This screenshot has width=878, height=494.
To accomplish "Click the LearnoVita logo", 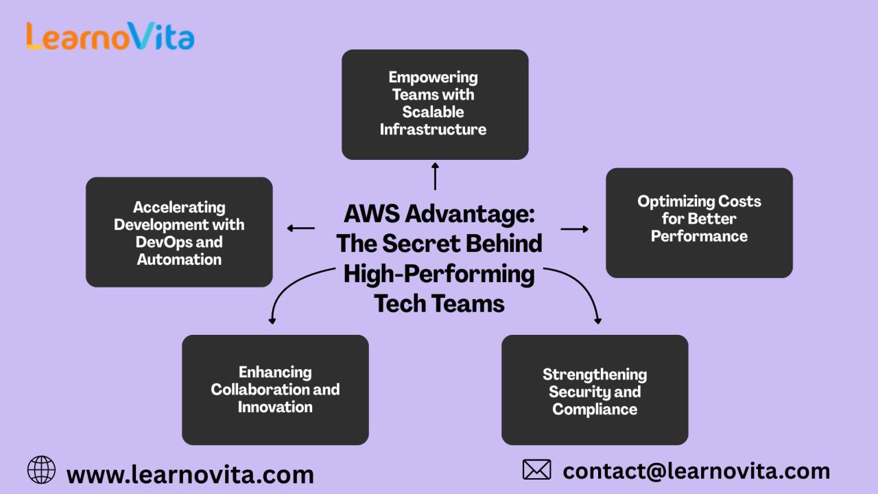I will tap(110, 36).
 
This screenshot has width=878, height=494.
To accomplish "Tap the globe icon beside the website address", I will tap(41, 470).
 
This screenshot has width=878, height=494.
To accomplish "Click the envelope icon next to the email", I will tap(536, 470).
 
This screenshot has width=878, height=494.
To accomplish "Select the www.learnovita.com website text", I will tap(190, 474).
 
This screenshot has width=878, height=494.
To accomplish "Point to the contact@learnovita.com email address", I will tap(696, 471).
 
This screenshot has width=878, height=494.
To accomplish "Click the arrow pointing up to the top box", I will tap(435, 176).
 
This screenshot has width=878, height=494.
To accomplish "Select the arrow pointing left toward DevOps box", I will tap(300, 228).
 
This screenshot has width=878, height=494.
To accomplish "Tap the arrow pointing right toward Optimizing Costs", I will tap(575, 228).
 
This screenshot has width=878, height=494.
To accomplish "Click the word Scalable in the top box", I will tap(433, 112).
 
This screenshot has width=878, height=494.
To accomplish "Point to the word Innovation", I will tap(275, 407).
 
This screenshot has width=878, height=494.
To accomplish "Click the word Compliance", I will tap(595, 410).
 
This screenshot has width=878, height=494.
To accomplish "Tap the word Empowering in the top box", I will tap(433, 77).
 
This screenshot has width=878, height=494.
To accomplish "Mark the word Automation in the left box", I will tap(179, 259).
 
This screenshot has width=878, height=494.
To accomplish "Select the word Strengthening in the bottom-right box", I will tap(595, 375).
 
